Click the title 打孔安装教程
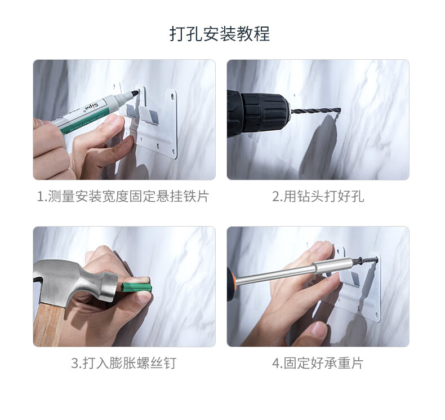point(219,34)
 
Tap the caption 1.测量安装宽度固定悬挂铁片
point(123,196)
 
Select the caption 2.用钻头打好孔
point(318,196)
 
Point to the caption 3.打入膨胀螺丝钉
point(124,363)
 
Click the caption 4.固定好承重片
point(318,363)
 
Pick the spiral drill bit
point(315,110)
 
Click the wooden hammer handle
point(49,325)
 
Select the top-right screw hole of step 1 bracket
point(172,97)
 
